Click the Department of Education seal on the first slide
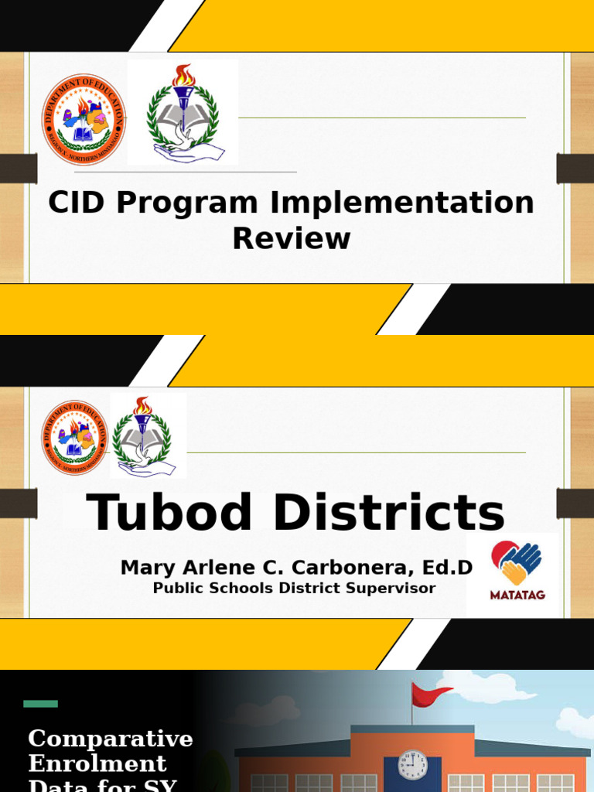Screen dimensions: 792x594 [x=84, y=119]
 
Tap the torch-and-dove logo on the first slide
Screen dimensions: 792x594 [x=183, y=113]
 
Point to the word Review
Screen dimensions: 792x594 [x=292, y=238]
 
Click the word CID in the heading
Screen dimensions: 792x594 [x=76, y=203]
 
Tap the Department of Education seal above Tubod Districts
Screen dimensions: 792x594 [x=75, y=438]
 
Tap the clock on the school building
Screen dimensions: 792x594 [x=412, y=765]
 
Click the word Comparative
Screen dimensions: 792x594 [x=111, y=739]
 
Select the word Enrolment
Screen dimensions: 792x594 [x=97, y=764]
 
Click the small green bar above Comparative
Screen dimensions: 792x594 [x=40, y=704]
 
